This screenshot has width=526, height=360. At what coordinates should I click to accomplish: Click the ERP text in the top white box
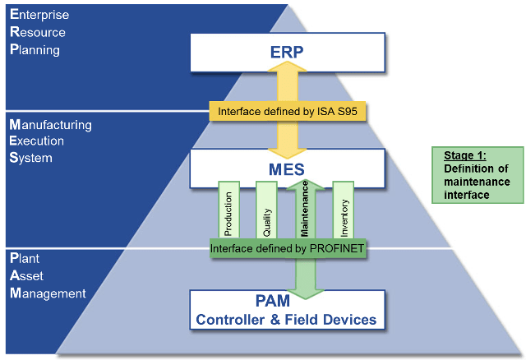pos(287,52)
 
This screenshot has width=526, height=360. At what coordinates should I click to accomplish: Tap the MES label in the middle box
pos(287,169)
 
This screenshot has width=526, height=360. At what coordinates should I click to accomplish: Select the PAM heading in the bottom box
pos(273,301)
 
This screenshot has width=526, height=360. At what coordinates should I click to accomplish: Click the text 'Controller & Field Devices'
pos(286,320)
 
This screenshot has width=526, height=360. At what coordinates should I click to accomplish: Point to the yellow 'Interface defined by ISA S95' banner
pos(288,111)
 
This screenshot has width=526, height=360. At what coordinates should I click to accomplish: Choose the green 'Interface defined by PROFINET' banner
pos(287,248)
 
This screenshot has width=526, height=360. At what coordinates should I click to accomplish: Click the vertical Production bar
pos(228,210)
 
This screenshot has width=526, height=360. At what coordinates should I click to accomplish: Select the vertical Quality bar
pos(266,210)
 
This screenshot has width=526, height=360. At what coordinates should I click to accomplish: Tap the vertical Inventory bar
pos(344,210)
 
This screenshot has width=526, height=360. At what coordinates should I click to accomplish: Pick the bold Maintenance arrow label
pos(305,209)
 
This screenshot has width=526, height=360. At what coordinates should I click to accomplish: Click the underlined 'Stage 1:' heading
pos(465,155)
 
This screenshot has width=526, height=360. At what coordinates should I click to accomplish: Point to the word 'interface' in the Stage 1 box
pos(466,195)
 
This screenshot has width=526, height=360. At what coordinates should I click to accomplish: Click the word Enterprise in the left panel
pos(39,15)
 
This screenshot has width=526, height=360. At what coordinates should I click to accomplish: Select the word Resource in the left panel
pos(38,32)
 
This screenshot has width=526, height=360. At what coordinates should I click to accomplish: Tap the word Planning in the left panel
pos(35,49)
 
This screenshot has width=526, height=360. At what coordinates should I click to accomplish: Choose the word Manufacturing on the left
pos(51,125)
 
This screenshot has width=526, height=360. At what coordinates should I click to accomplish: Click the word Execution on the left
pos(36,141)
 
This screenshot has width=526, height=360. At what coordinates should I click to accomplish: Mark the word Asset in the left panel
pos(26,276)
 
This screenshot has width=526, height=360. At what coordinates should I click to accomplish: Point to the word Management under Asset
pos(48,293)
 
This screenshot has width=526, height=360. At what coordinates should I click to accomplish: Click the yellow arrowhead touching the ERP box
pos(287,67)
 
